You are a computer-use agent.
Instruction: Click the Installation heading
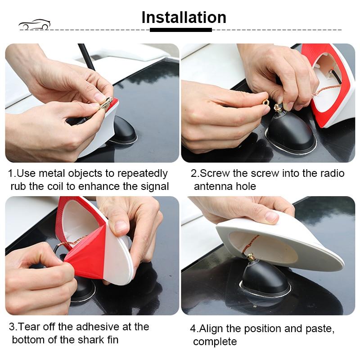click(184, 18)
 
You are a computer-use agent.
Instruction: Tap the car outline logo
click(35, 25)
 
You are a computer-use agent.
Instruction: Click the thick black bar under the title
click(181, 30)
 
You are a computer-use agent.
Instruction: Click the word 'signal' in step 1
click(155, 187)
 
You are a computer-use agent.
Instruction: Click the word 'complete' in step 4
click(215, 342)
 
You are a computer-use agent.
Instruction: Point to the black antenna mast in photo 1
click(86, 57)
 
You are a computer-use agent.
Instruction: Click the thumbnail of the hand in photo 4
click(272, 216)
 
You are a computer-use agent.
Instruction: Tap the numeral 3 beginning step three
click(12, 327)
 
